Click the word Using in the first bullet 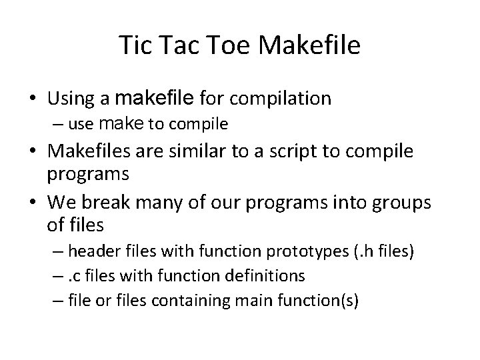tap(71, 99)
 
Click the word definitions tap(265, 276)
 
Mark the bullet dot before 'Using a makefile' tap(32, 99)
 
